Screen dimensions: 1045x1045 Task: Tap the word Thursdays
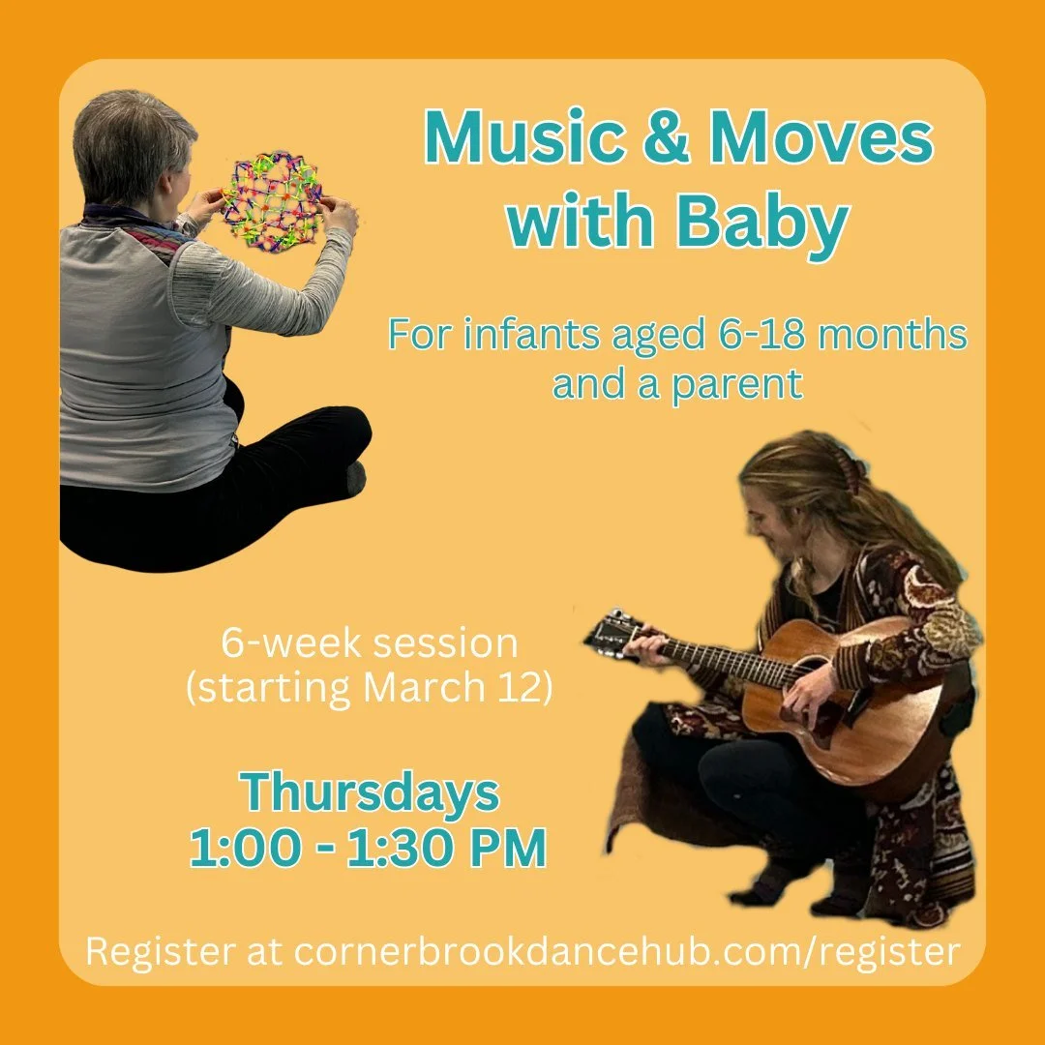click(371, 793)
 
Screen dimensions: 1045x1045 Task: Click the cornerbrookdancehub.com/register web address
click(626, 950)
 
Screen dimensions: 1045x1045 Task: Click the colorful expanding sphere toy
click(272, 198)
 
